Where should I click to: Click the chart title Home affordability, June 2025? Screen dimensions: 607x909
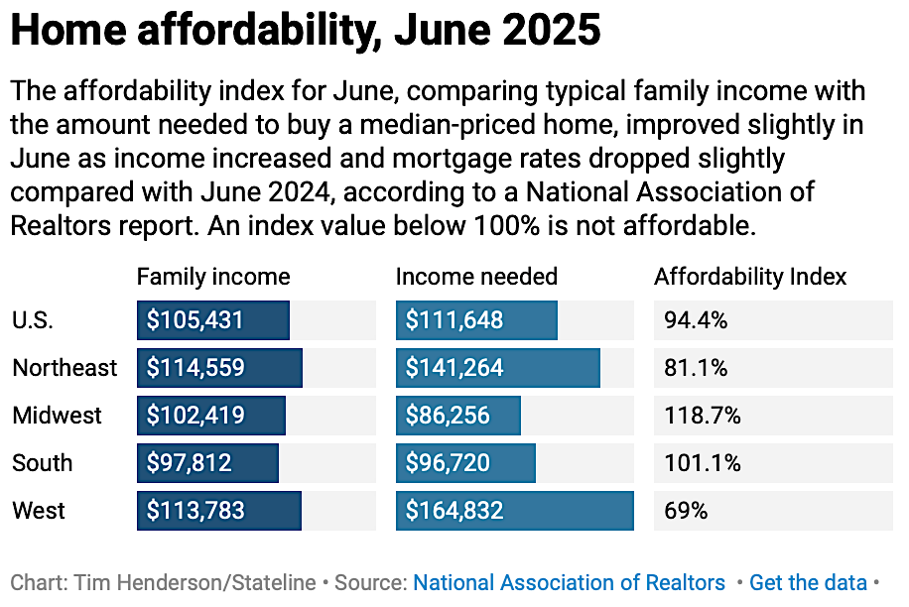306,32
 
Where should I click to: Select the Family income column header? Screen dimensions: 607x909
213,277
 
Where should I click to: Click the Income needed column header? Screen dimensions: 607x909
476,277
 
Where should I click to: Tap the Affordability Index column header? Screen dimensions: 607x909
750,277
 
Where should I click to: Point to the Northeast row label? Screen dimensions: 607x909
65,368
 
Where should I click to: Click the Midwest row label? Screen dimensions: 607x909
57,416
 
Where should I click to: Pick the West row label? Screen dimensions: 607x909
39,511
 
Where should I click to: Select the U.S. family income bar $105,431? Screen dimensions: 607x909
212,320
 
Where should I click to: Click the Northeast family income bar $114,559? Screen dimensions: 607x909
219,368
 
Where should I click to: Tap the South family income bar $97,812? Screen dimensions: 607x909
207,463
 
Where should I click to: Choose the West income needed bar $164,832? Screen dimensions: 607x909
514,511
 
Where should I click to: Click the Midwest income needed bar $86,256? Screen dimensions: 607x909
457,416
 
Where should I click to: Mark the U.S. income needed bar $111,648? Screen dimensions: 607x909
476,320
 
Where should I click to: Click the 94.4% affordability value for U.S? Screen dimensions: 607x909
696,320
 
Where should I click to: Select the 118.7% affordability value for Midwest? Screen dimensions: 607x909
702,416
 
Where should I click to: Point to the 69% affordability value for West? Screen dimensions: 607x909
686,511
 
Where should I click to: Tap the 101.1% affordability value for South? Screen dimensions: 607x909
702,463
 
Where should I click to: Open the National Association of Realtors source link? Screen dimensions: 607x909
569,583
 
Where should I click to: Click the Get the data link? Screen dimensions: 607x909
808,583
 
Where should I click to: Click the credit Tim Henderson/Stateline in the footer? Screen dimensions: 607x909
195,583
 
